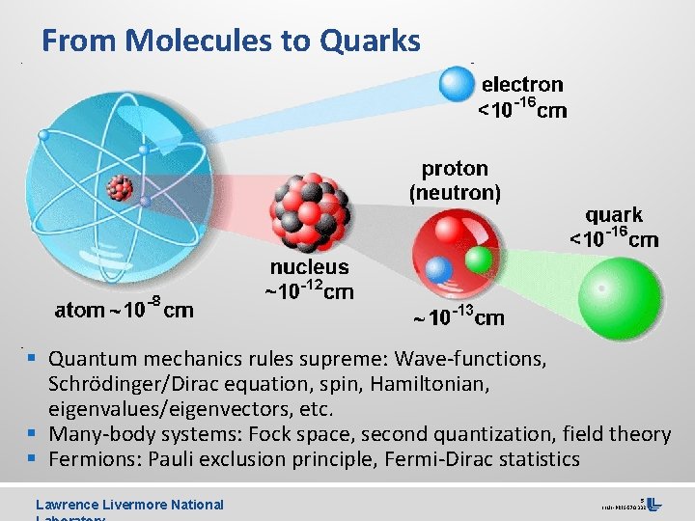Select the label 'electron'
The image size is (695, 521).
pos(522,84)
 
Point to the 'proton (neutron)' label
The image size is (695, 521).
pos(455,180)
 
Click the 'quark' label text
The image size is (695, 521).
pos(614,214)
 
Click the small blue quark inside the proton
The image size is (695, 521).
pos(439,269)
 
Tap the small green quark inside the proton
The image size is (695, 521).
pos(478,260)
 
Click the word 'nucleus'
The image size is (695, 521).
pos(309,267)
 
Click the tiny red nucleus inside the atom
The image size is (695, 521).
pos(120,187)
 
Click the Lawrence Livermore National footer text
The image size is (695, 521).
pos(129,504)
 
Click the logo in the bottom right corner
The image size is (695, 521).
pos(653,503)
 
